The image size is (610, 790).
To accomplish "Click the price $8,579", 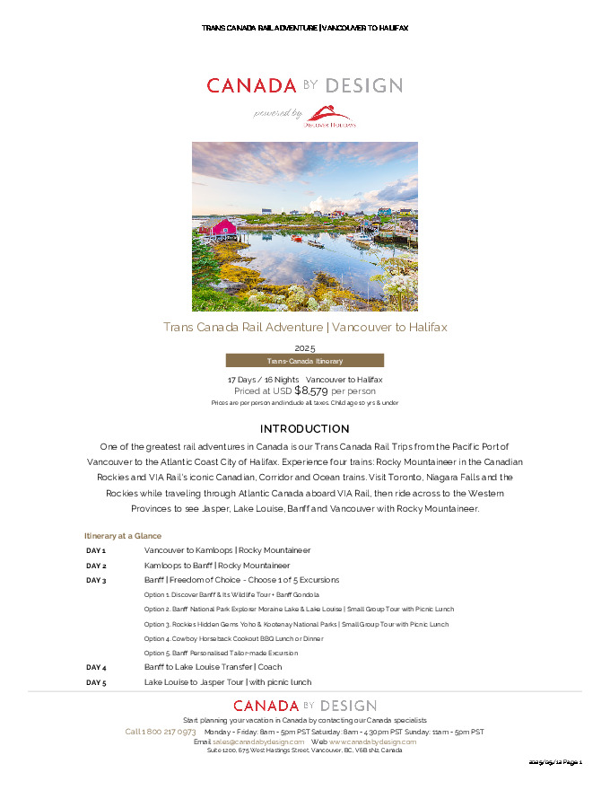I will point(311,391).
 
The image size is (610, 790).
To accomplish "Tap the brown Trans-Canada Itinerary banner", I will point(304,361).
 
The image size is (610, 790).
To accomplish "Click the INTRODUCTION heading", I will point(304,429).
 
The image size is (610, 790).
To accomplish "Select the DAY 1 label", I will point(96,550).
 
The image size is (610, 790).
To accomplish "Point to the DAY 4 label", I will point(96,667).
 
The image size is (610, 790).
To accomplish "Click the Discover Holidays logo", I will point(329,116).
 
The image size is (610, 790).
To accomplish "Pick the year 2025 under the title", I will point(304,347).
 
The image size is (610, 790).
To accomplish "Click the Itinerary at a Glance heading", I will point(123,536).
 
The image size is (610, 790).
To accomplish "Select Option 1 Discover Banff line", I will point(231,594).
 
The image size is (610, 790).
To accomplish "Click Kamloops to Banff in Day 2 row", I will point(179,566).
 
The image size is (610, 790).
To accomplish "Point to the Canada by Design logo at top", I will point(304,86).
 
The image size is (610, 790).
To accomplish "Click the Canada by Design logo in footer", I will point(304,707).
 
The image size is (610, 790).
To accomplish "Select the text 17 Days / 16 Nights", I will point(263,380).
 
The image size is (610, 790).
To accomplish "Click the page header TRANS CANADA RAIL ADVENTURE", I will point(259,29).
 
